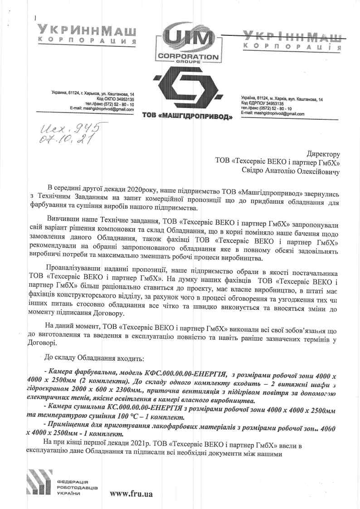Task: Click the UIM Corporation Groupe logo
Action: tap(188, 43)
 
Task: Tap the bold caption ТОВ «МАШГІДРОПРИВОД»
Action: tap(187, 117)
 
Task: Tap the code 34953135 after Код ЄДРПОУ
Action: tap(271, 103)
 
